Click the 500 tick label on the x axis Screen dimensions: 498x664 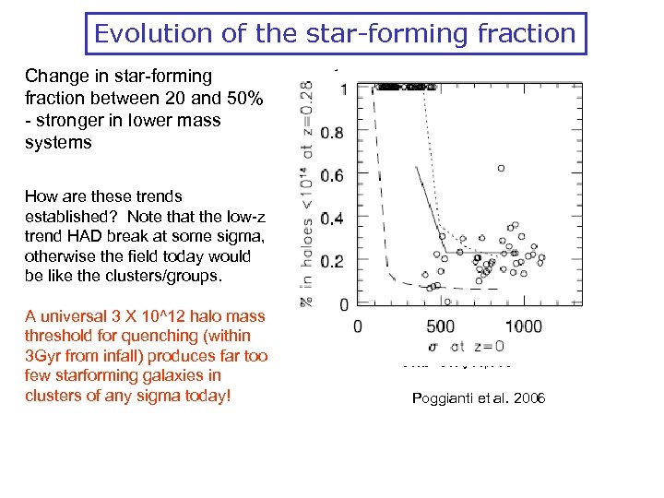(x=441, y=326)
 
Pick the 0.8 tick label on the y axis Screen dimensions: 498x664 (x=332, y=133)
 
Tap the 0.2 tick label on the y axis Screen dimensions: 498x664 (x=332, y=262)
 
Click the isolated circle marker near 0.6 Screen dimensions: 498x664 (x=501, y=168)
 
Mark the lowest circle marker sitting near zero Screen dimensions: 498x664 (x=447, y=301)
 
